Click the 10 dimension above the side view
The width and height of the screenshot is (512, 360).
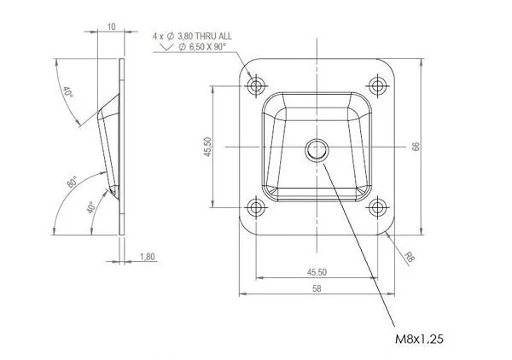click(x=112, y=26)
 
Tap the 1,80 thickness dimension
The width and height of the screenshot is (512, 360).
click(x=148, y=257)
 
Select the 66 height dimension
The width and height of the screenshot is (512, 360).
click(x=416, y=147)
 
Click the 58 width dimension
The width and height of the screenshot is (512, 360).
click(x=317, y=288)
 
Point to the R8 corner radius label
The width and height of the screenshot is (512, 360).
click(x=409, y=257)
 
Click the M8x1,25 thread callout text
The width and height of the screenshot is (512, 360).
click(x=419, y=340)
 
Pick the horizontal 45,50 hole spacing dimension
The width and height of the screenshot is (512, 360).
click(x=317, y=272)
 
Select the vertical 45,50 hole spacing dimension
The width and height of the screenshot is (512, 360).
click(x=208, y=147)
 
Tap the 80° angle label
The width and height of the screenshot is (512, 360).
click(x=73, y=182)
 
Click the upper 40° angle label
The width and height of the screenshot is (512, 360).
click(x=68, y=92)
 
